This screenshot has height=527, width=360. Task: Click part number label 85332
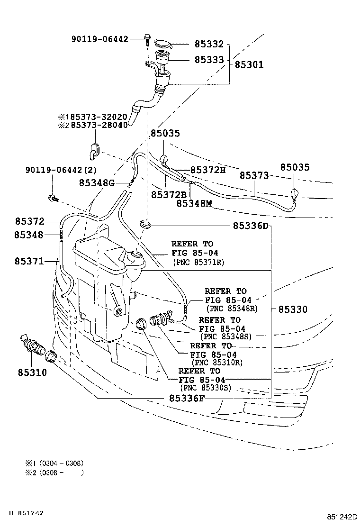[209, 44]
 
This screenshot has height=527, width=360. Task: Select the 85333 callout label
[209, 60]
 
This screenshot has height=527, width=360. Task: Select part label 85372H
[208, 170]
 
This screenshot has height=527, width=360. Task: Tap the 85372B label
[169, 194]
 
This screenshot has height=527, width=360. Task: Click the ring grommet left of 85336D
[146, 223]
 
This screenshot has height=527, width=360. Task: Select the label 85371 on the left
[29, 261]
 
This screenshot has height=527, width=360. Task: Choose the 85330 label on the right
[293, 309]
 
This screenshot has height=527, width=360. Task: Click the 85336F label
[187, 399]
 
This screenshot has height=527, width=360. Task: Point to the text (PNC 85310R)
[217, 363]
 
